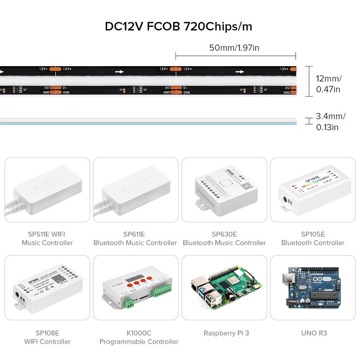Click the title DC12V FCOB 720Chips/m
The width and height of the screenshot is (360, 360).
[179, 26]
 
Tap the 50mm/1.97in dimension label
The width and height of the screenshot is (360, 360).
[234, 47]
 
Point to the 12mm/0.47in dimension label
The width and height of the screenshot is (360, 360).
[328, 84]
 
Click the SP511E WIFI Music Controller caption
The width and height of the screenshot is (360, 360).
[47, 238]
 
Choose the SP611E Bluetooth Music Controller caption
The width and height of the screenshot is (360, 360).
[135, 238]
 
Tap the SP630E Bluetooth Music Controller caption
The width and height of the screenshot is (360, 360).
[224, 238]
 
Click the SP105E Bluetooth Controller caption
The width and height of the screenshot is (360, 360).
[313, 238]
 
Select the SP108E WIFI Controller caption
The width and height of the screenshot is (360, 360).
[47, 337]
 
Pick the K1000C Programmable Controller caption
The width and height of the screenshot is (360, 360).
[139, 337]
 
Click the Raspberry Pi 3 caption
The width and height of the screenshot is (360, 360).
[226, 333]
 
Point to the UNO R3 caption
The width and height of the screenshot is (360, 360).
[314, 333]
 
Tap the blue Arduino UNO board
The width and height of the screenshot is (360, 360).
[313, 288]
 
